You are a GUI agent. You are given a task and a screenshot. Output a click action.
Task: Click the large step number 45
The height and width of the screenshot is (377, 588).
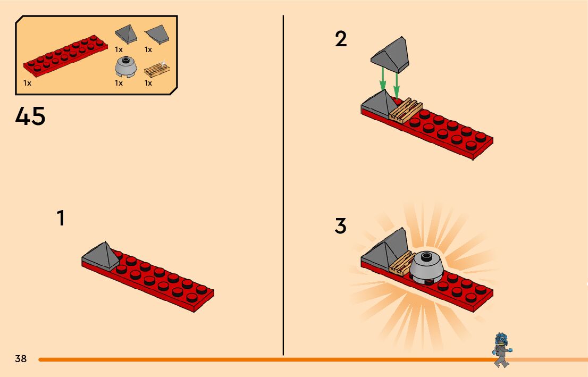30,116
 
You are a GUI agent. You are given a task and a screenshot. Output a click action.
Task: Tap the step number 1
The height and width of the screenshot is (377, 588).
61,219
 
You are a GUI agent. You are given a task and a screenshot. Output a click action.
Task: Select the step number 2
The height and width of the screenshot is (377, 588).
341,39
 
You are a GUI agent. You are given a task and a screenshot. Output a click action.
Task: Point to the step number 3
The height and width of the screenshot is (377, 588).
341,226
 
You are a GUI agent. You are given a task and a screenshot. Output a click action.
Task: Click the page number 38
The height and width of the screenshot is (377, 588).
21,358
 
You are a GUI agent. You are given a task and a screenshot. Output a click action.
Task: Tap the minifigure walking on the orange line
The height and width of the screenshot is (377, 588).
500,349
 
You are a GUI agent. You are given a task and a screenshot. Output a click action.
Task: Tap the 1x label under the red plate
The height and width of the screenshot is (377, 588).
28,83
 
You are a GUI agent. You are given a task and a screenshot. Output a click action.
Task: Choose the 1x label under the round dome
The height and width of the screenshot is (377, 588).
119,83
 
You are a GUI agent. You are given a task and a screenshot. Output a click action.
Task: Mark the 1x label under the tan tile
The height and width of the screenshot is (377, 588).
148,83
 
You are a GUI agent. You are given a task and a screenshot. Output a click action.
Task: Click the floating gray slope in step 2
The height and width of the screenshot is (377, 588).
391,54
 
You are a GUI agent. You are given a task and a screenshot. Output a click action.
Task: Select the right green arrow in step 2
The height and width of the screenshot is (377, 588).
396,83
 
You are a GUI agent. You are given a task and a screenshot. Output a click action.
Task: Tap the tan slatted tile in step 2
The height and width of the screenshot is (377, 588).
405,110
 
